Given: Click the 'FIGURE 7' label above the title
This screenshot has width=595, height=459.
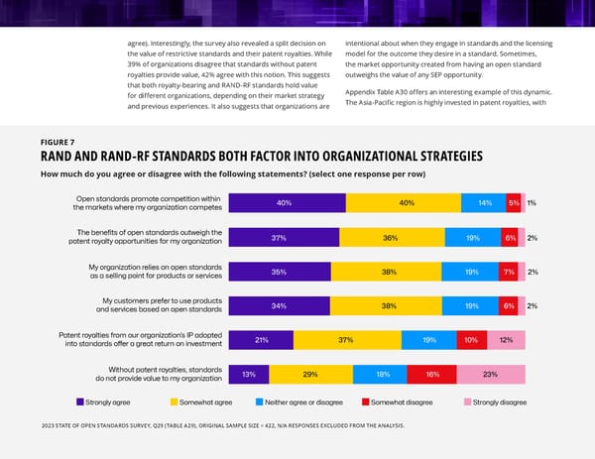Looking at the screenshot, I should (x=59, y=142).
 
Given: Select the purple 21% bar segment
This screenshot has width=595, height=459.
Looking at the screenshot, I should (x=261, y=340).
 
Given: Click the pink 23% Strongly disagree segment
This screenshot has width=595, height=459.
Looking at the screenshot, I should (x=490, y=374).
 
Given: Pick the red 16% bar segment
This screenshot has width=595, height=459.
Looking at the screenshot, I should (x=431, y=374).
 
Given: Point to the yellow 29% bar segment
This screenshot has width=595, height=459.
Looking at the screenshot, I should (x=310, y=374).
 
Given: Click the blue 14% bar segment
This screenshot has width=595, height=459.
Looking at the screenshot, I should (x=483, y=203).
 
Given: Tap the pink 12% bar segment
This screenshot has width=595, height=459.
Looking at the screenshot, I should (x=506, y=340).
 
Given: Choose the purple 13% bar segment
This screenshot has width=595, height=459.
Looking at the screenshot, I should (x=248, y=374).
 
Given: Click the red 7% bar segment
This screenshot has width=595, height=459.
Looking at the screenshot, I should (x=507, y=272).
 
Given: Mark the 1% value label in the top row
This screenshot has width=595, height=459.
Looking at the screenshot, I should (x=533, y=203).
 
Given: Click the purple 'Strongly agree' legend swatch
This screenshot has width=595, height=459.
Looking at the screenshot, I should (x=80, y=402).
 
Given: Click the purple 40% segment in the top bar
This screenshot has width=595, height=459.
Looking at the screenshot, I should (x=286, y=203).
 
